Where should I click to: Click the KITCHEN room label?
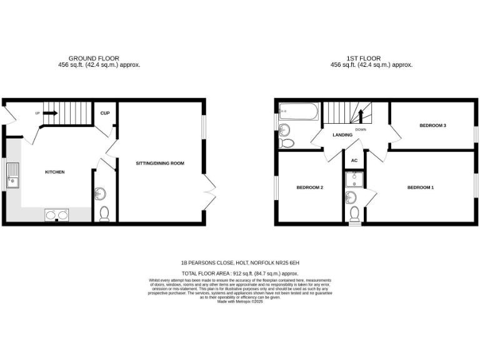(x=55, y=172)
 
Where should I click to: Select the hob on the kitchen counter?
(x=56, y=216)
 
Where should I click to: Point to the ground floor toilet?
(x=104, y=214)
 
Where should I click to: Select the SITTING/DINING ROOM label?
(x=160, y=164)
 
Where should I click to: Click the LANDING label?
(x=342, y=134)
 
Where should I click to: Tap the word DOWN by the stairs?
(x=361, y=129)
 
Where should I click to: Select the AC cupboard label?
(x=354, y=160)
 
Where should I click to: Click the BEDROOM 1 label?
(x=420, y=187)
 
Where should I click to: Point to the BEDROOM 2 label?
(x=309, y=187)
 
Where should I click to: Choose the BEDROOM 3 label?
(x=432, y=126)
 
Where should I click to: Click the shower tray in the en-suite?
(x=354, y=179)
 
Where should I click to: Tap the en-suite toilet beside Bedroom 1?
(x=354, y=215)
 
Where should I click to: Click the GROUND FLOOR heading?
(x=94, y=59)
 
